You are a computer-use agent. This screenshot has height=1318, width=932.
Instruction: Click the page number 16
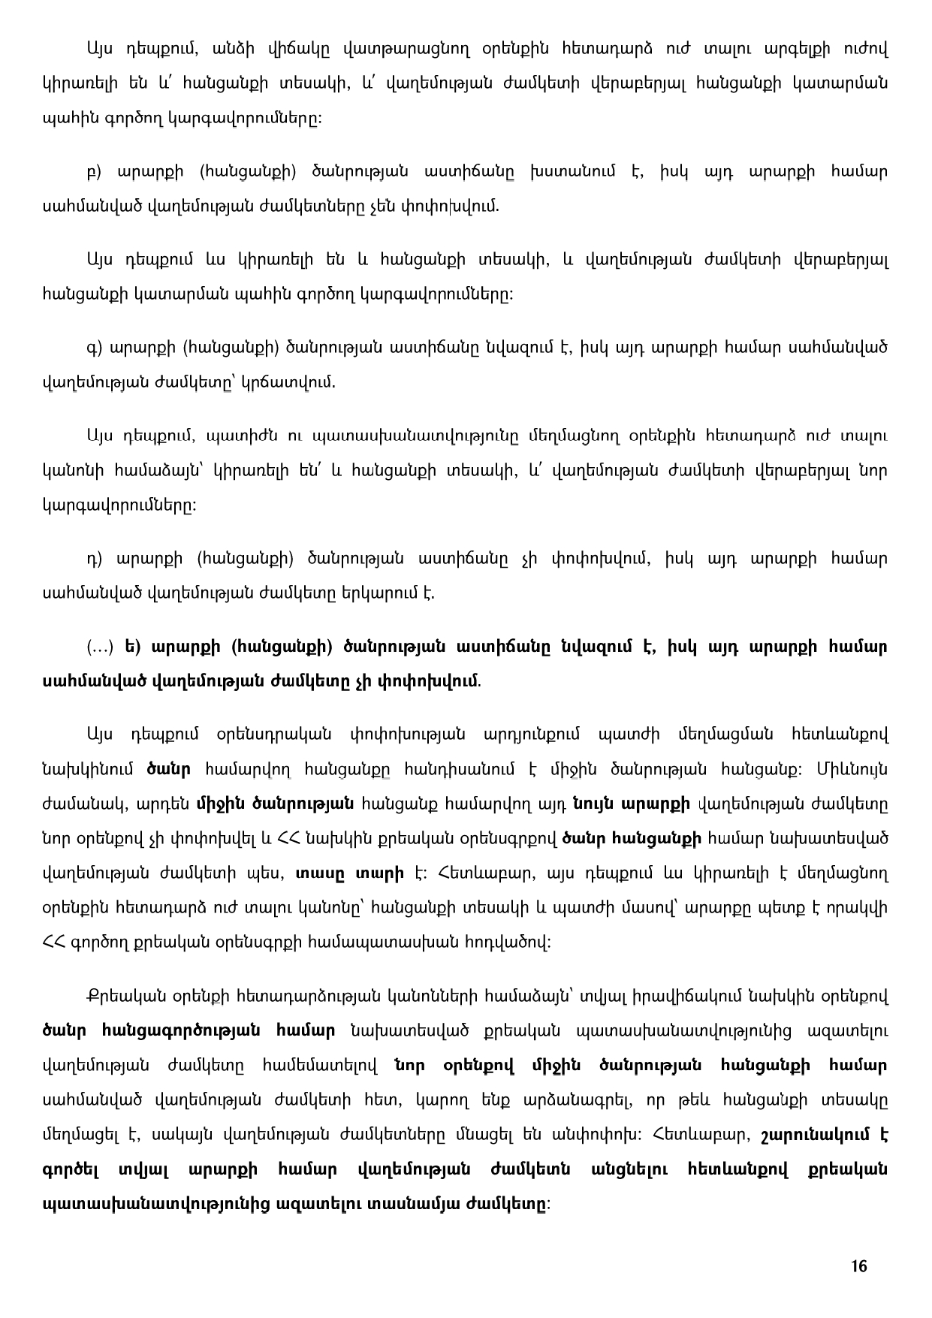[x=859, y=1266]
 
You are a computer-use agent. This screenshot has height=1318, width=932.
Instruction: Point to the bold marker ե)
[x=132, y=647]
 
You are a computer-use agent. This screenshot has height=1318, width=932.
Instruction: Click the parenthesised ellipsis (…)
[x=101, y=647]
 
